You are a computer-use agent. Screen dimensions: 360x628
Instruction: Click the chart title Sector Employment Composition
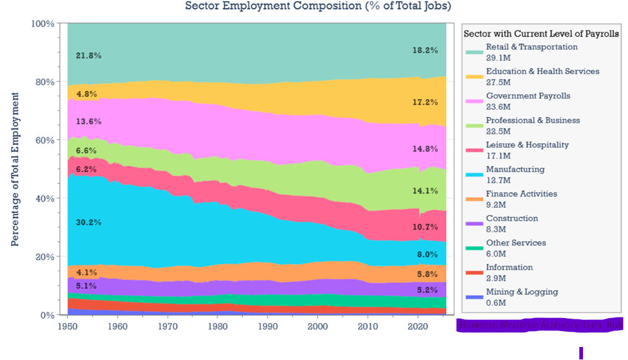pyautogui.click(x=318, y=6)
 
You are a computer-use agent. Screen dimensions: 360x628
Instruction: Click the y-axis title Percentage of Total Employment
pyautogui.click(x=15, y=170)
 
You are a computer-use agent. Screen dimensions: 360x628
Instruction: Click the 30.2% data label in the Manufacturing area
pyautogui.click(x=88, y=222)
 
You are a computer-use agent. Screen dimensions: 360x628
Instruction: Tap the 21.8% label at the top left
pyautogui.click(x=88, y=55)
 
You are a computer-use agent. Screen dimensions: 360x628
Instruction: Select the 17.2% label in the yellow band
pyautogui.click(x=425, y=102)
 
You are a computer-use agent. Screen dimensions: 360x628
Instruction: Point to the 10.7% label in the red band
pyautogui.click(x=425, y=227)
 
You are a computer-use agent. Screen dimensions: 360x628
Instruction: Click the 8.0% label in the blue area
pyautogui.click(x=426, y=254)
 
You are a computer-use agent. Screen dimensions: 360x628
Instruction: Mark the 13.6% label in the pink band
pyautogui.click(x=88, y=121)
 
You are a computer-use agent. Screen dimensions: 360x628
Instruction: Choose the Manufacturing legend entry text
pyautogui.click(x=515, y=170)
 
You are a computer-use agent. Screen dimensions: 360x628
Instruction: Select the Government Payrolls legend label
pyautogui.click(x=528, y=96)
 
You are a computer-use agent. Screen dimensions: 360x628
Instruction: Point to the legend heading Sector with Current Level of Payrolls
pyautogui.click(x=541, y=33)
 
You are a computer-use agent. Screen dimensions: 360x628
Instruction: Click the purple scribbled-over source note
pyautogui.click(x=540, y=325)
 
